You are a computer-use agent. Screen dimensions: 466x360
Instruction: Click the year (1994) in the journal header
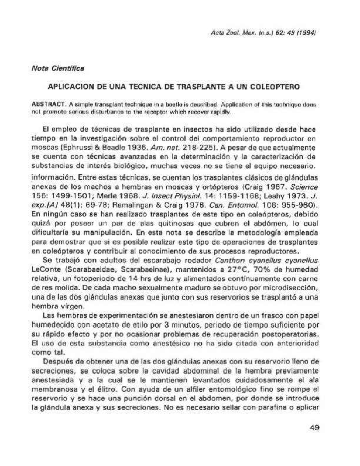click(307, 32)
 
